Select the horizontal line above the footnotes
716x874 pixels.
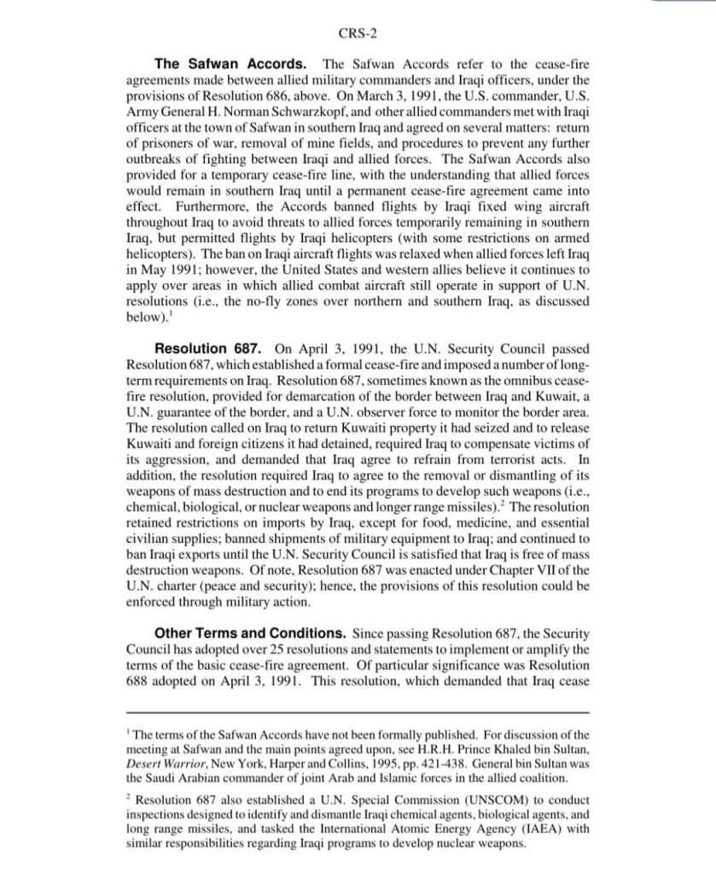358,711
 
